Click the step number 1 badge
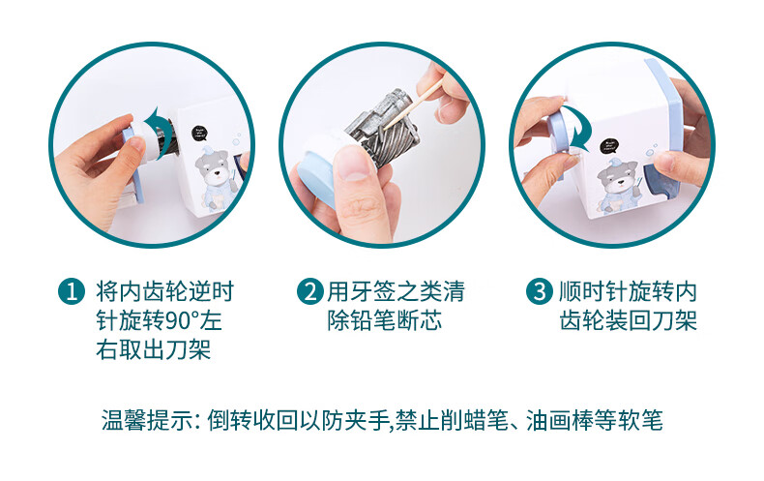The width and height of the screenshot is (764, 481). point(72,291)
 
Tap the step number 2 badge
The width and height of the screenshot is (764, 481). point(309,291)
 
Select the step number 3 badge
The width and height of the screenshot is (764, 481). point(540,291)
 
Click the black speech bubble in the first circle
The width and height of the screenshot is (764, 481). point(199,133)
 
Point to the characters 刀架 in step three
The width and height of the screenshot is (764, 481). point(674,321)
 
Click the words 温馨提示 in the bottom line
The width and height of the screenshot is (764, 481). point(147,420)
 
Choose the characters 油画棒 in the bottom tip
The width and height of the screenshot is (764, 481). point(560,420)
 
